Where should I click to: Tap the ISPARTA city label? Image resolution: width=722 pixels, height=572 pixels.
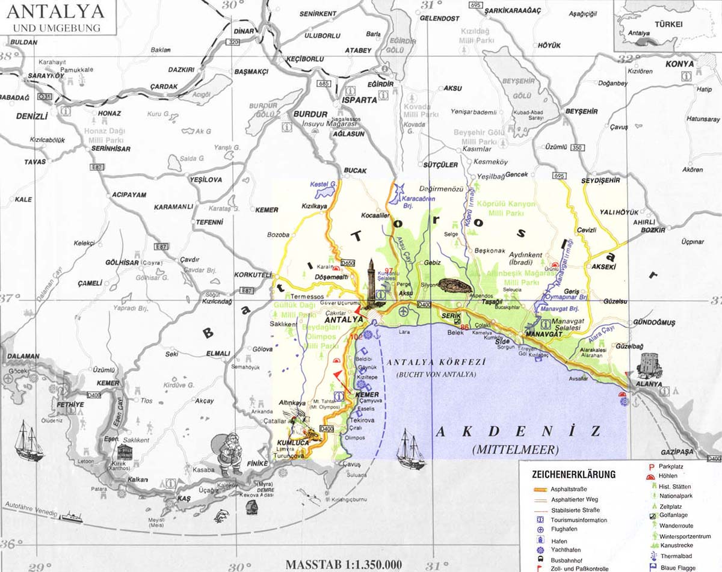tap(359, 100)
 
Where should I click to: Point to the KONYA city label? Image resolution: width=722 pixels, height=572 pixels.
tap(679, 64)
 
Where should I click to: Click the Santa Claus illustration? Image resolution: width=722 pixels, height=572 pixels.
tap(228, 455)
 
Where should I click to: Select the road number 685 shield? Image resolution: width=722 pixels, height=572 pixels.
tap(325, 83)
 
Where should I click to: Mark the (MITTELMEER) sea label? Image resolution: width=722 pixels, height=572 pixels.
tap(516, 449)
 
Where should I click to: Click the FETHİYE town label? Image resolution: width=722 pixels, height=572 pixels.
tap(70, 405)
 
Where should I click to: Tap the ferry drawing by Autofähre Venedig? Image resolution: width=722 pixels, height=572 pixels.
tap(70, 517)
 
